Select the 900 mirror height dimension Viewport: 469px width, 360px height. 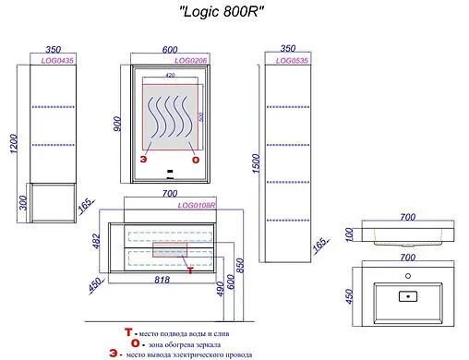(x=117, y=124)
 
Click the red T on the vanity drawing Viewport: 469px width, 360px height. (x=187, y=270)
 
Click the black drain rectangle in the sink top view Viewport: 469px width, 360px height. (x=406, y=297)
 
